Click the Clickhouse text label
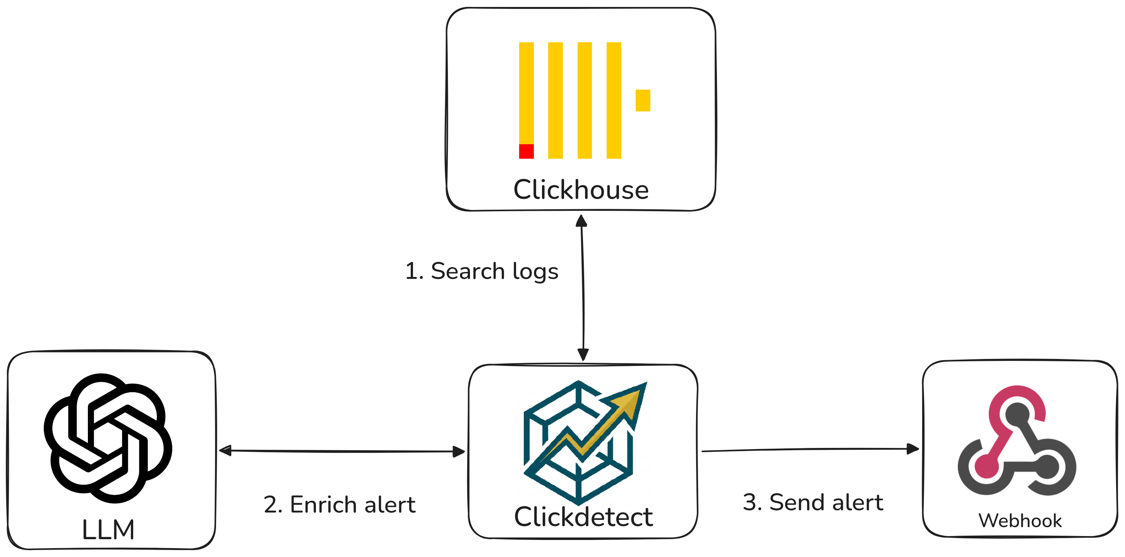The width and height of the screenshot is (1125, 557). pos(581,190)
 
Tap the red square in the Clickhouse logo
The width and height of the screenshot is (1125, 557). pos(526,152)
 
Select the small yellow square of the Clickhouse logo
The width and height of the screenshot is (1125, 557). pos(643,101)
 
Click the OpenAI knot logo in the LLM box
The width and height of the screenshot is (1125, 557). pos(108,438)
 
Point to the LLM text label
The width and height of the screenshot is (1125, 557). pos(108,530)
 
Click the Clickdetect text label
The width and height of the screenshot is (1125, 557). pos(583,517)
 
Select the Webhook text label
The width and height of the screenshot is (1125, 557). pos(1020,521)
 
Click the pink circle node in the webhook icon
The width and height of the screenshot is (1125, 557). pos(986,466)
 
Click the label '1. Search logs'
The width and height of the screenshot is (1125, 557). pos(482,271)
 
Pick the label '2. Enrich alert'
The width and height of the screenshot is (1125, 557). pos(340,505)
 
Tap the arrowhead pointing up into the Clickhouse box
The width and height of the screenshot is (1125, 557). pos(581,221)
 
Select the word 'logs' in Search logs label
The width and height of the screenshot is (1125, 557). pos(535,272)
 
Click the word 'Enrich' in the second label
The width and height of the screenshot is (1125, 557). pos(324,505)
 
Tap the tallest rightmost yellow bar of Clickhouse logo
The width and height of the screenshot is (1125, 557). pos(614,101)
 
